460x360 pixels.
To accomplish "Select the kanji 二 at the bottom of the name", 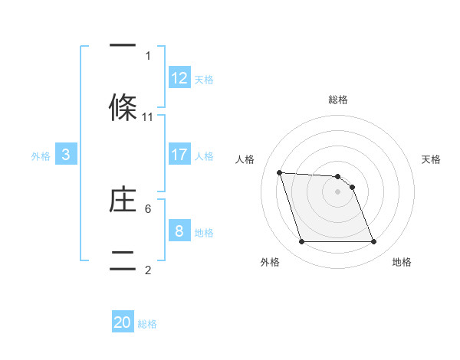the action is coord(123,258).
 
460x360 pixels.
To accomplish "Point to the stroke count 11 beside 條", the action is coord(148,117).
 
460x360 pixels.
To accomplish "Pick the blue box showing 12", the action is coord(179,78).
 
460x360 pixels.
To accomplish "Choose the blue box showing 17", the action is coord(179,155).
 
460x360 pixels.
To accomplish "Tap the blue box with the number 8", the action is coord(179,231).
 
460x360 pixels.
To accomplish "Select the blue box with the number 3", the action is coord(66,155).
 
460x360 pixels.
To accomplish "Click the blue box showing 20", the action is coord(123,322).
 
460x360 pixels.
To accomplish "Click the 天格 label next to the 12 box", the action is coord(204,80).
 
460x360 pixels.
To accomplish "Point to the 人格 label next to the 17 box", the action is coord(204,156).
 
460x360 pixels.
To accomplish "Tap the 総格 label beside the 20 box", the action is coord(147,324).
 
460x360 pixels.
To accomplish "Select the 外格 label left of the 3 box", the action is coord(41,156).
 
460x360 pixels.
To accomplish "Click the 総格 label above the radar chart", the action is coord(338,100).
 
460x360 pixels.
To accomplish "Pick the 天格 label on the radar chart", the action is coord(432,159).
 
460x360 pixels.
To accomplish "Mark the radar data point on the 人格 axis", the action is coord(280,172).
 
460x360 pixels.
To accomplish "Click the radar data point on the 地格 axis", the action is coord(373,242).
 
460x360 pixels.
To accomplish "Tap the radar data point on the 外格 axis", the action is coord(301,242).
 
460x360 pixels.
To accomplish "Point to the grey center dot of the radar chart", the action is coord(338,191).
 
